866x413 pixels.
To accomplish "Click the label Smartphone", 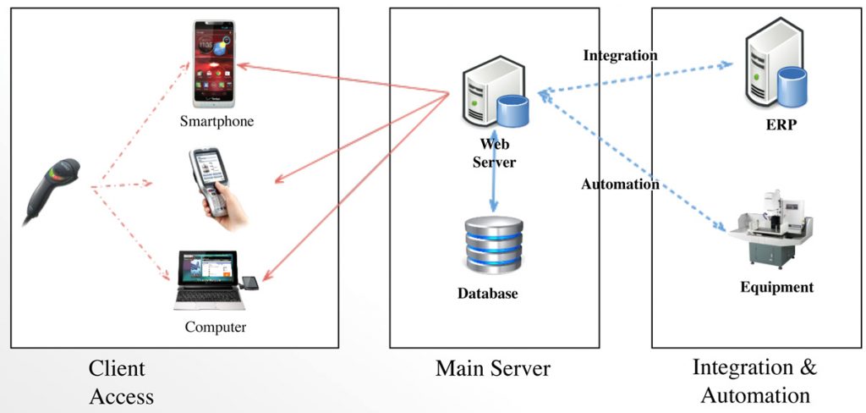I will click(x=216, y=121).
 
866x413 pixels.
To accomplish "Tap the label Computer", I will click(x=216, y=327).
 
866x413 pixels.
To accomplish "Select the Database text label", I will click(x=487, y=295).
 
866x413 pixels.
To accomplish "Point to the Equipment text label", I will click(x=776, y=287).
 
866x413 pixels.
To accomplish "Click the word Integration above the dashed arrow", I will click(x=620, y=56).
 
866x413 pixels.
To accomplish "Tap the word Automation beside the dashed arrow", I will click(x=620, y=184).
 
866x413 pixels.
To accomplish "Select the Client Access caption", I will click(x=121, y=382).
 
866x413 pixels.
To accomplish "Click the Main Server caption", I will click(x=492, y=369).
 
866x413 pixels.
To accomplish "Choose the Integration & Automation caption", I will click(x=755, y=381).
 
